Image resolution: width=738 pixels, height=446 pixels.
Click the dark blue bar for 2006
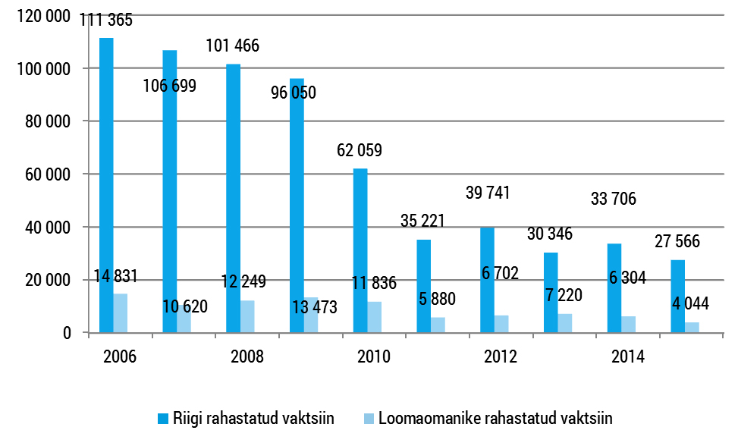[x=106, y=185]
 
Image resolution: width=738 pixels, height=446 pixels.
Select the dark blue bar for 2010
[x=360, y=250]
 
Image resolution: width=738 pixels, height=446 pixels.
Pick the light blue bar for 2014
[x=629, y=324]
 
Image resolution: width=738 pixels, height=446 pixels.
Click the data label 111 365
[x=106, y=20]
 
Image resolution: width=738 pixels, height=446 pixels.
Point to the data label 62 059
[x=360, y=150]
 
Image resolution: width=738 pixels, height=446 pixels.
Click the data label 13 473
[x=311, y=307]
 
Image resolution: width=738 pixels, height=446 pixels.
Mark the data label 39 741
[x=486, y=192]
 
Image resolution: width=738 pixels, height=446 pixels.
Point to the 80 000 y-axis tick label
[x=47, y=121]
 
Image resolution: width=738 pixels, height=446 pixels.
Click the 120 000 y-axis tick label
[x=44, y=16]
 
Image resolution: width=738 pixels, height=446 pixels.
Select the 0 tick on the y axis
[x=68, y=333]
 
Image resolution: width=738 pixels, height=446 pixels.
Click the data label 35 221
[x=422, y=221]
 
